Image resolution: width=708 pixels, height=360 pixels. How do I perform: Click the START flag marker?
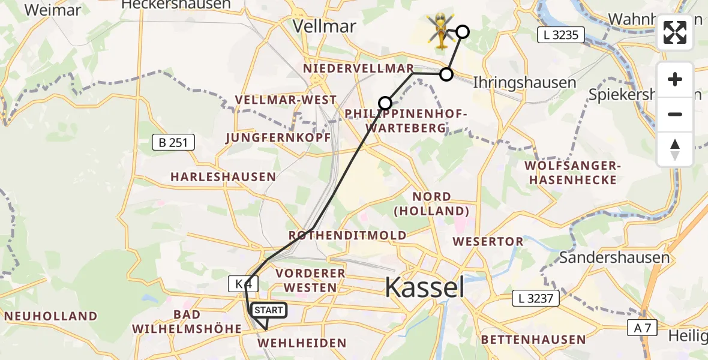(x=268, y=310)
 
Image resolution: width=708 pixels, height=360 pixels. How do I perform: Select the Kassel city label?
(x=425, y=287)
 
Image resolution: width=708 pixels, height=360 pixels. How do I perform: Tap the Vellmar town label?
(x=324, y=26)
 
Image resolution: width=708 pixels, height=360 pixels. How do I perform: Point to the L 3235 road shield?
(x=559, y=35)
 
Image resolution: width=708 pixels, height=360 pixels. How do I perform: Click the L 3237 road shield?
(x=536, y=298)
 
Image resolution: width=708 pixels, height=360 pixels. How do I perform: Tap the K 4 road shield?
(x=239, y=284)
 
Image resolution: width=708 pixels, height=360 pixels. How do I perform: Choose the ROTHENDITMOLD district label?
(x=347, y=236)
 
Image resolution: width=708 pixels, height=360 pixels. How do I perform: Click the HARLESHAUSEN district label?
(x=223, y=177)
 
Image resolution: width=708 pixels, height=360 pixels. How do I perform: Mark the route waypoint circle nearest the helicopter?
(x=462, y=32)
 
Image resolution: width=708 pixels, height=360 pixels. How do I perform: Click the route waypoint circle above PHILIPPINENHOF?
(x=385, y=103)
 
